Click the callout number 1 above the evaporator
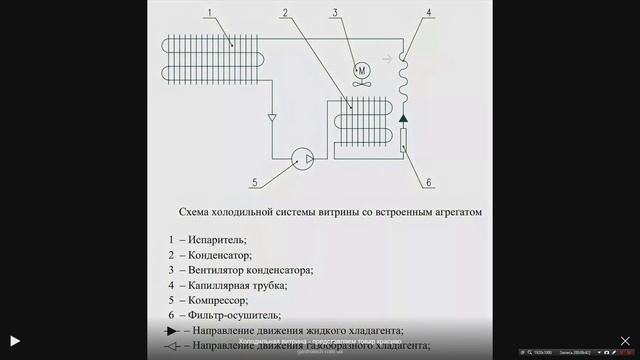point(210,13)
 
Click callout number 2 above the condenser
point(286,13)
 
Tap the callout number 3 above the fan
point(336,13)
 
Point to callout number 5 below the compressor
point(255,182)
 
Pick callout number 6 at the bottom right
point(428,182)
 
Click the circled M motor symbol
point(363,68)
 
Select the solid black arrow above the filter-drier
point(404,119)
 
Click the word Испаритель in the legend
point(216,239)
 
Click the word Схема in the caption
point(193,213)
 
